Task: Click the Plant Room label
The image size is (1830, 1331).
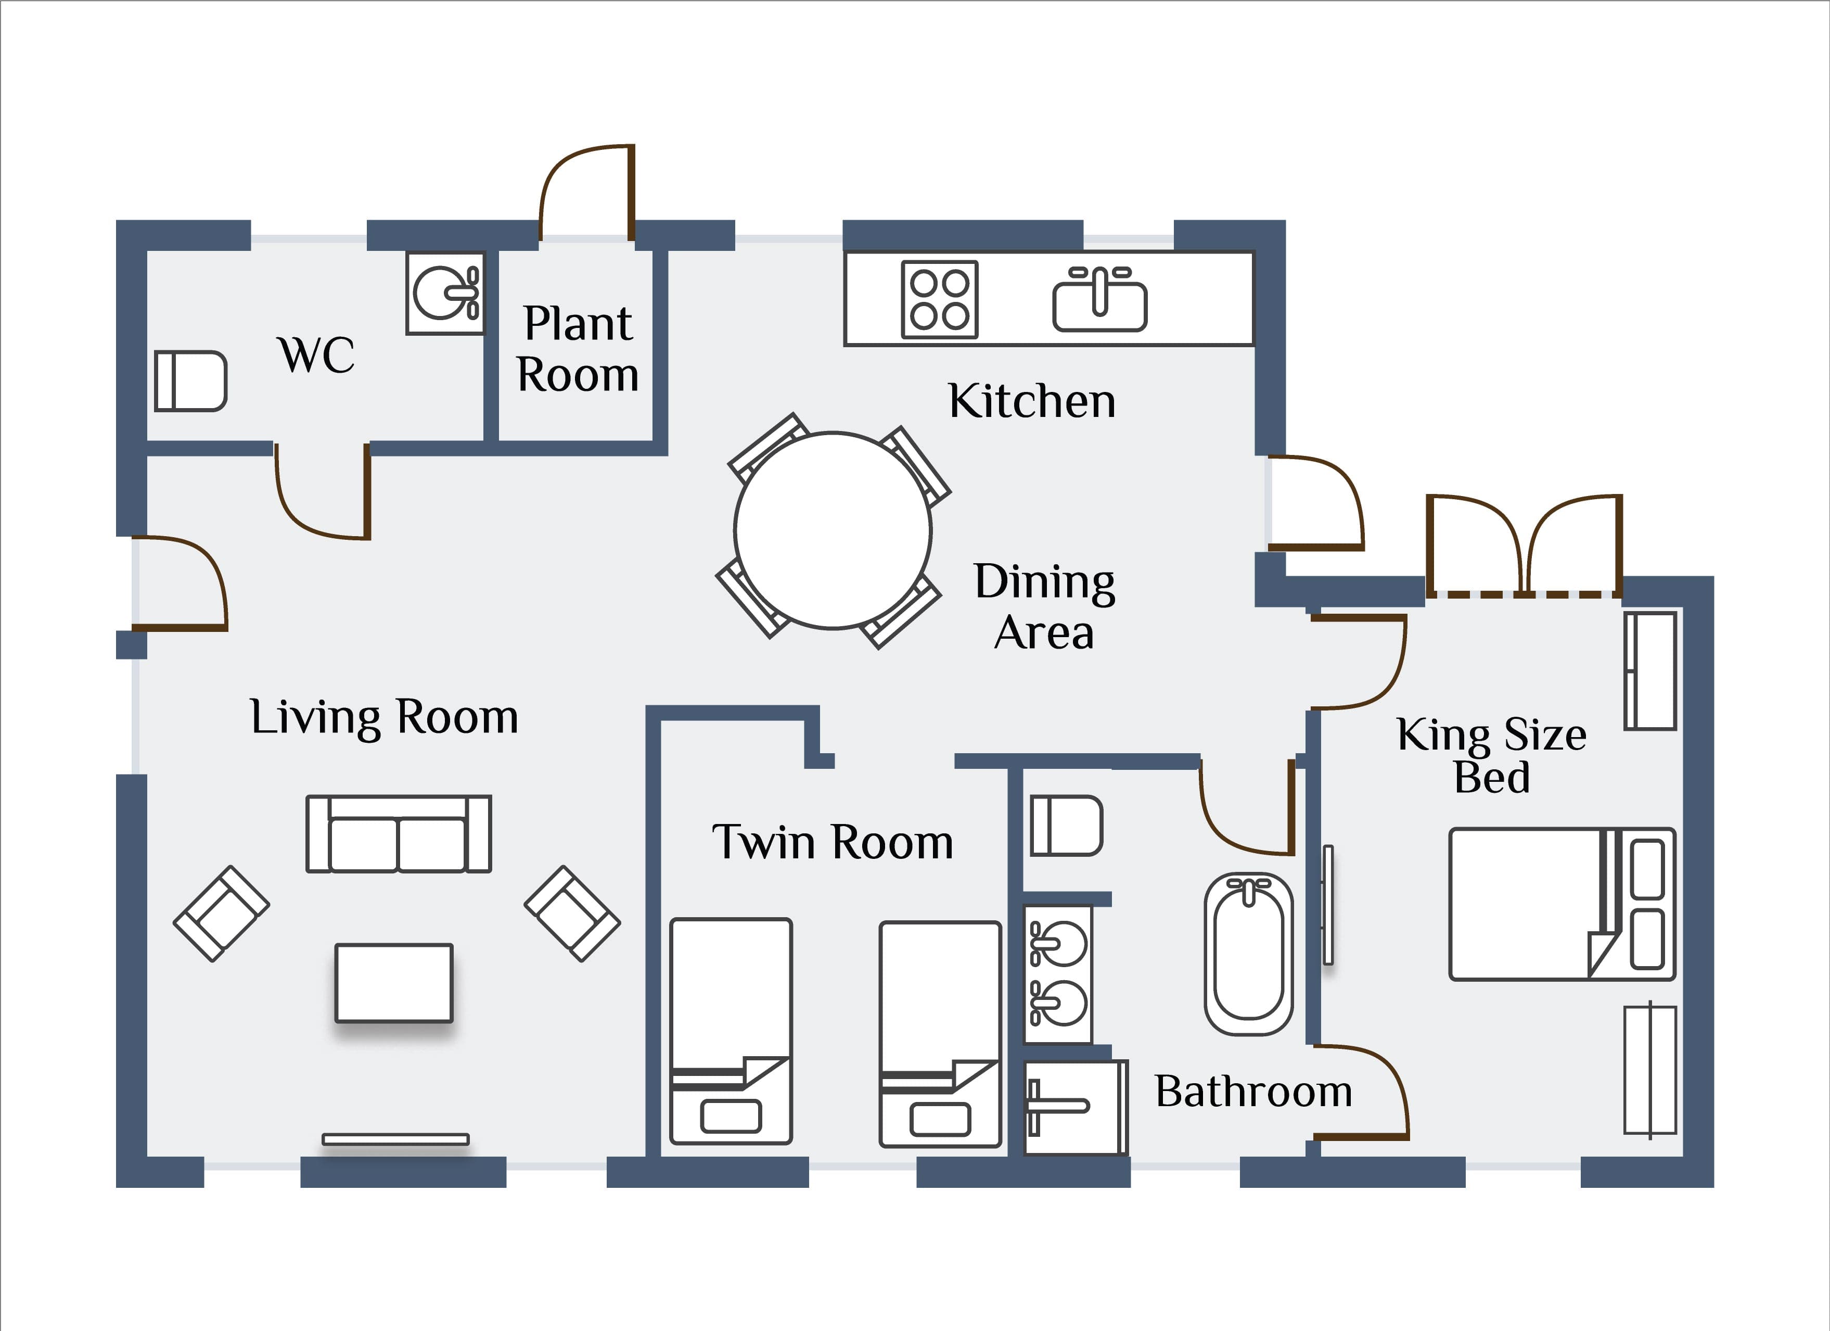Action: coord(578,349)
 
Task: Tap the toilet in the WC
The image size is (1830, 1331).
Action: coord(190,381)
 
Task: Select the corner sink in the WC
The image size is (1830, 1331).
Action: coord(445,293)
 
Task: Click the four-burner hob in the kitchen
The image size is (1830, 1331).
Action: coord(939,299)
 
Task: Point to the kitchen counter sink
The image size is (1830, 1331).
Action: coord(1100,299)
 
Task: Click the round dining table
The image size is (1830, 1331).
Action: coord(834,530)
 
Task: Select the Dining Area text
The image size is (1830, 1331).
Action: coord(1045,606)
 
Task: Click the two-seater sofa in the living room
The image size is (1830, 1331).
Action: coord(399,834)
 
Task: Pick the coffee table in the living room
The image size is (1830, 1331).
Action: coord(394,983)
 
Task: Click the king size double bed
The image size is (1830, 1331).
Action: coord(1562,904)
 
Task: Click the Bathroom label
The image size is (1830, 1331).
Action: coord(1253,1091)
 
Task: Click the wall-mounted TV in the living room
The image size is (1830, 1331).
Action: coord(395,1139)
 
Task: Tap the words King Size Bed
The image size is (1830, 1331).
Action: coord(1491,755)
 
